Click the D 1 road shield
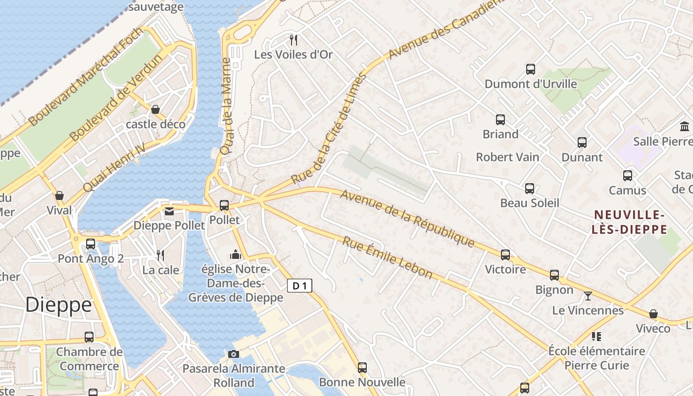coord(299,285)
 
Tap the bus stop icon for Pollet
coord(224,205)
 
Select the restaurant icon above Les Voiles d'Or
coord(294,40)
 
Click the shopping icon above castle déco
coord(155,109)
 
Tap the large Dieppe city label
coord(58,304)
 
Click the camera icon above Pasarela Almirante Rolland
coord(234,354)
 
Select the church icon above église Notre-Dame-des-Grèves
coord(236,255)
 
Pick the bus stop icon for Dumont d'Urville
coord(531,69)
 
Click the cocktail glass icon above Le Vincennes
coord(588,296)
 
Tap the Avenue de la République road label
coord(407,219)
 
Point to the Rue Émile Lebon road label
coord(388,258)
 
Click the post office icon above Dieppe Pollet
coord(169,211)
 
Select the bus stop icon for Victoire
coord(505,255)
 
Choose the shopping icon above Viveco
coord(653,314)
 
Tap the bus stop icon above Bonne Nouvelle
coord(362,368)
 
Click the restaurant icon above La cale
coord(160,255)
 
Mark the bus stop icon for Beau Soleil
coord(530,189)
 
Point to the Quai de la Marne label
coord(226,107)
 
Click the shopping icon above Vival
coord(59,196)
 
